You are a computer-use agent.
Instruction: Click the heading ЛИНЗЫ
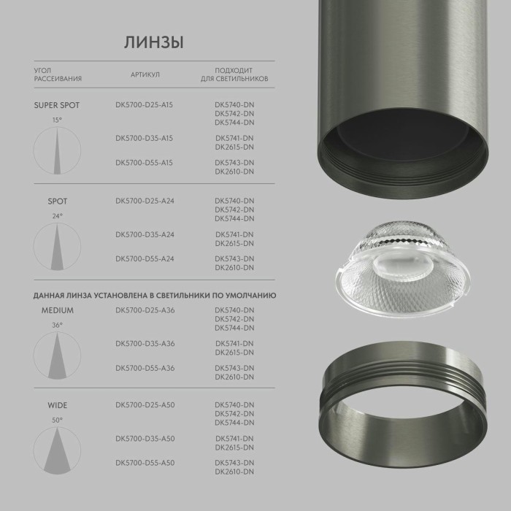(153, 42)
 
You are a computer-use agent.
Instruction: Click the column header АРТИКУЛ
(145, 74)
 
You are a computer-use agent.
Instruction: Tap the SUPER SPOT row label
(57, 105)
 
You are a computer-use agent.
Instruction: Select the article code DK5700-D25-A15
(144, 105)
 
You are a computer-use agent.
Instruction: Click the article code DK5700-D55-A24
(144, 258)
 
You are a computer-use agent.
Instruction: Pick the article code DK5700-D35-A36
(145, 343)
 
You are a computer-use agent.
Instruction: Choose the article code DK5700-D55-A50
(145, 462)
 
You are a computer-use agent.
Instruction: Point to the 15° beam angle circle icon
(57, 150)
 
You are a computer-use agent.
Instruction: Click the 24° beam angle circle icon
(57, 246)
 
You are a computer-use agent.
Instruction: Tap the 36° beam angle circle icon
(57, 356)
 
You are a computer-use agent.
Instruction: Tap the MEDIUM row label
(57, 310)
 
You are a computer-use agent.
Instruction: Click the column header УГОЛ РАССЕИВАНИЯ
(58, 74)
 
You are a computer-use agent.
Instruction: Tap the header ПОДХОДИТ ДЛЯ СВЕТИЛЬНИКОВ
(234, 74)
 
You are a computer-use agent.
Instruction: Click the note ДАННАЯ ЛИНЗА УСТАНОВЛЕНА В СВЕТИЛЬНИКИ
(153, 296)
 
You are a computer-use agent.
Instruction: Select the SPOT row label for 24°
(57, 201)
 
